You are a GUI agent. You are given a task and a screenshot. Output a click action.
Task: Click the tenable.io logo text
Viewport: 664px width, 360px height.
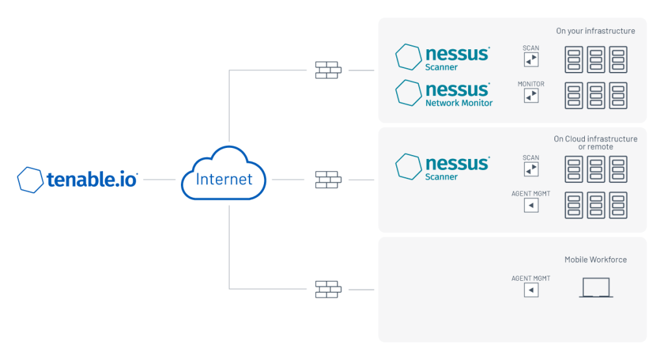click(92, 180)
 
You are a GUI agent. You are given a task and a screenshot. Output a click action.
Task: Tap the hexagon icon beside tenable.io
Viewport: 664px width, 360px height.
click(30, 180)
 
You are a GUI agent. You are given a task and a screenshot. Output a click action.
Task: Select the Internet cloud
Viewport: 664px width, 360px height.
click(224, 173)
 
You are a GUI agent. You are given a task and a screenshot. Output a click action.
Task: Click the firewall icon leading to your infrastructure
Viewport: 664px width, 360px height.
click(328, 70)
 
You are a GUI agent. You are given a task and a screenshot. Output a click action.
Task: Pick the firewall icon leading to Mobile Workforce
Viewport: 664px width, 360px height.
click(328, 290)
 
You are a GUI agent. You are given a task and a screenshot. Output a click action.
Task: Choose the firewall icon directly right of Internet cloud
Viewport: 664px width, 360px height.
click(328, 180)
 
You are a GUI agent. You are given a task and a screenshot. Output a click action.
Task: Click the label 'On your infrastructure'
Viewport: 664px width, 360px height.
click(595, 31)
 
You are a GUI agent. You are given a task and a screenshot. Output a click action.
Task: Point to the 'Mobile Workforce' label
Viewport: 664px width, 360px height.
click(595, 259)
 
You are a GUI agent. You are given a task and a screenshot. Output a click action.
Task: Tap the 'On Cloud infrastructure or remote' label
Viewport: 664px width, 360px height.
click(595, 143)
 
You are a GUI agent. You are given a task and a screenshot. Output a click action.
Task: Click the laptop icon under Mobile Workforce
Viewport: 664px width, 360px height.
click(596, 288)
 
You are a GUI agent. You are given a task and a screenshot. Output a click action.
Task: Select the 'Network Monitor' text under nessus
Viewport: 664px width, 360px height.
click(459, 103)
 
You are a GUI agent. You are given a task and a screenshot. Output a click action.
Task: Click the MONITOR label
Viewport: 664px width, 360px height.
click(531, 84)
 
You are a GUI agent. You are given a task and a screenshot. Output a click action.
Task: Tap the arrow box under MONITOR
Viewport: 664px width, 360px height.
click(531, 96)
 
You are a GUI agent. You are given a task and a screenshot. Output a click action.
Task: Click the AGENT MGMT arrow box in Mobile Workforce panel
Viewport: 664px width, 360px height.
click(531, 290)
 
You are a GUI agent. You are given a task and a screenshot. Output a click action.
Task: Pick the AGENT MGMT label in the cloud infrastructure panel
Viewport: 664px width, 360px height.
click(530, 193)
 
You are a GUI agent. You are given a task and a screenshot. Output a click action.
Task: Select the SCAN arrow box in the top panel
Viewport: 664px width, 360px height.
click(531, 60)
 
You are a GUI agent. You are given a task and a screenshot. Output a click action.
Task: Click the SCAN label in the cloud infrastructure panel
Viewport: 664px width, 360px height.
click(531, 158)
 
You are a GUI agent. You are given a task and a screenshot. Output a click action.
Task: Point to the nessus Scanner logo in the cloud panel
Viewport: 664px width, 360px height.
click(443, 167)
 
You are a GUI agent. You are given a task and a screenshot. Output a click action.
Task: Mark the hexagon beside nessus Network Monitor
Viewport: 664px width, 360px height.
click(409, 93)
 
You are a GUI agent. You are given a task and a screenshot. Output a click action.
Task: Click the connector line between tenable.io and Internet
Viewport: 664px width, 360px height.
click(160, 180)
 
